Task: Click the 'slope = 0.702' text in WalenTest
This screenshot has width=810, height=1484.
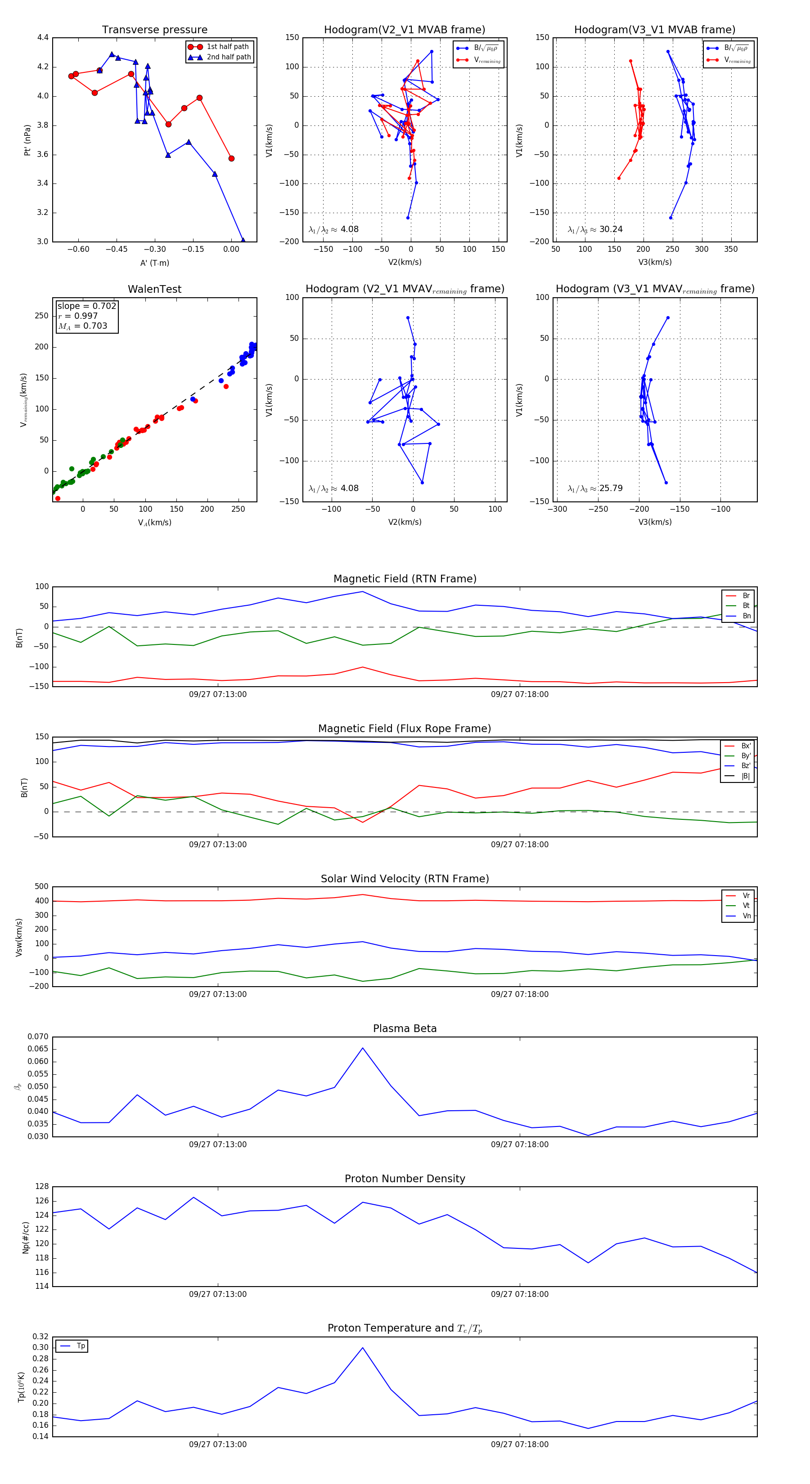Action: click(86, 306)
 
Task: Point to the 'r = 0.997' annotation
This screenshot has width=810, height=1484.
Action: click(78, 316)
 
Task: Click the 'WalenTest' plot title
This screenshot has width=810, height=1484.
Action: click(154, 289)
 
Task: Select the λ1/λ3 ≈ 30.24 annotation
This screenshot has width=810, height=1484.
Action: click(595, 229)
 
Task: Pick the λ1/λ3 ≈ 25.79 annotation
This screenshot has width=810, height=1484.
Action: click(595, 488)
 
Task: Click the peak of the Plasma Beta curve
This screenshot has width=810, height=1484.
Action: click(363, 1048)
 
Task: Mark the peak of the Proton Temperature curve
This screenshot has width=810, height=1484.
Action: click(363, 1347)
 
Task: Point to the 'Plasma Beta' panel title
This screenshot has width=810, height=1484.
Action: click(405, 1028)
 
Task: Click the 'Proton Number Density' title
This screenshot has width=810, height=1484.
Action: click(405, 1179)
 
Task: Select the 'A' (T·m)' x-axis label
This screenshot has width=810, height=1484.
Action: click(154, 263)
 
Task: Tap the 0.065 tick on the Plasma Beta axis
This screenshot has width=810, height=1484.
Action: click(38, 1049)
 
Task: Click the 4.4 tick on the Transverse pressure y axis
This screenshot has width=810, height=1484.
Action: click(43, 37)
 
